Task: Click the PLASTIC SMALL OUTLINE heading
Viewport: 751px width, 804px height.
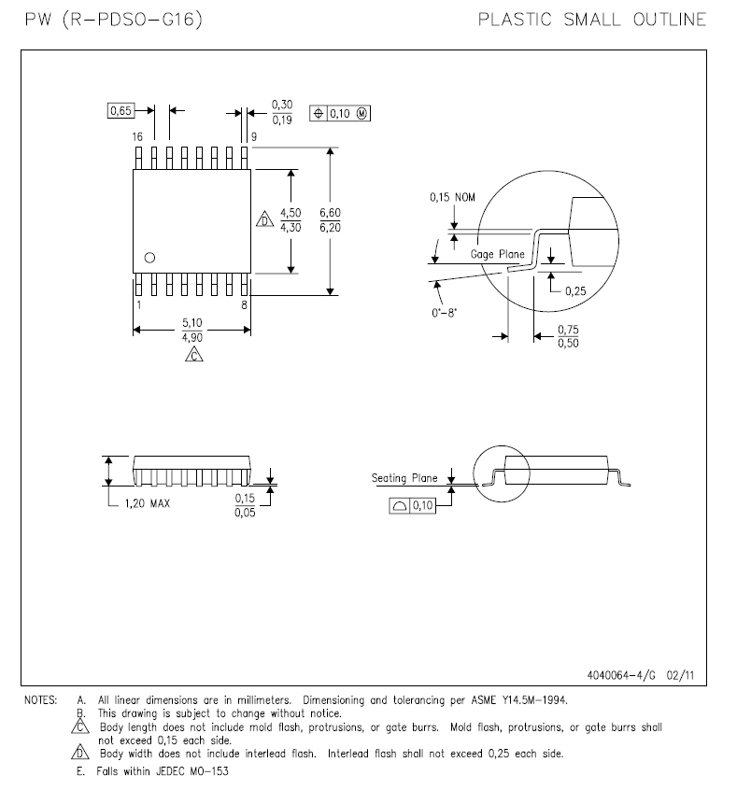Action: [591, 20]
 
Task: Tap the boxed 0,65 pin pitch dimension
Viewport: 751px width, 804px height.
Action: [120, 110]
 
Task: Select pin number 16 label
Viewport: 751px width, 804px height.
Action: [137, 136]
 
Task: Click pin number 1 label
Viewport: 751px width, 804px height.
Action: [138, 304]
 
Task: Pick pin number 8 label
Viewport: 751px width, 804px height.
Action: [245, 304]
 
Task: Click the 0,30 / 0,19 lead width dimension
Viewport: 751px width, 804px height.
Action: [281, 111]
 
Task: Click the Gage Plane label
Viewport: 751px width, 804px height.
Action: [496, 254]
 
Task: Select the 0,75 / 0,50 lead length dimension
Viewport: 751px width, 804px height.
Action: [567, 336]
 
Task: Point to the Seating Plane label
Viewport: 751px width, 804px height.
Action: [404, 478]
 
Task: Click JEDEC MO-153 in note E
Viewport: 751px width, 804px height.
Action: [193, 771]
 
